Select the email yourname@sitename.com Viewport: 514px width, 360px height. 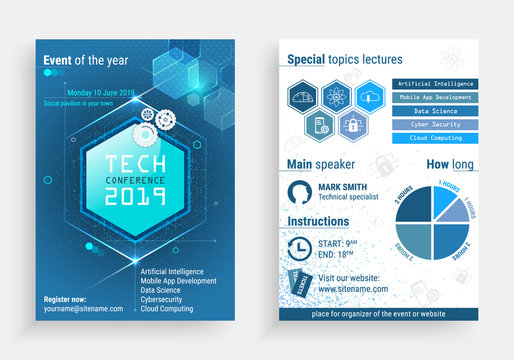(83, 309)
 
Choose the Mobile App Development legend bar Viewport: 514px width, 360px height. (436, 98)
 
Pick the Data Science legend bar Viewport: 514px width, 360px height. (436, 111)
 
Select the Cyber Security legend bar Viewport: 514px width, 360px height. (436, 124)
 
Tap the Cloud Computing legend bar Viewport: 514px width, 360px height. (436, 137)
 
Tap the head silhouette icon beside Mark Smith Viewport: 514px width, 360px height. (299, 193)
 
